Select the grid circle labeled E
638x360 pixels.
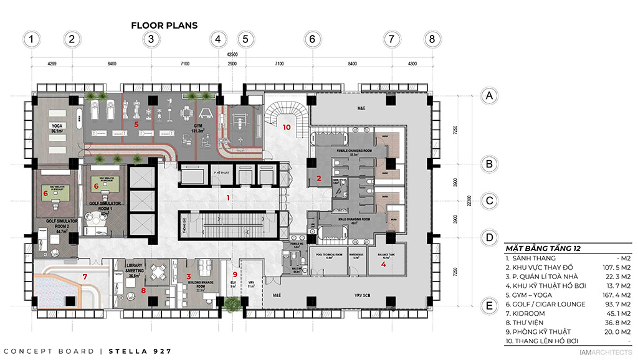coord(490,306)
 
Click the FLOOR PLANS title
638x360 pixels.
coord(164,26)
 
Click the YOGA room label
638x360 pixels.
coord(57,125)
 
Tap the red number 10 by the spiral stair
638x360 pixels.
coord(287,126)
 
